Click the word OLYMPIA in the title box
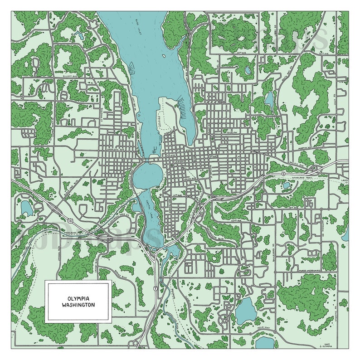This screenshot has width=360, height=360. point(78,298)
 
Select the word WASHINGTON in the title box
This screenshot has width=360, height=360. point(78,305)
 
